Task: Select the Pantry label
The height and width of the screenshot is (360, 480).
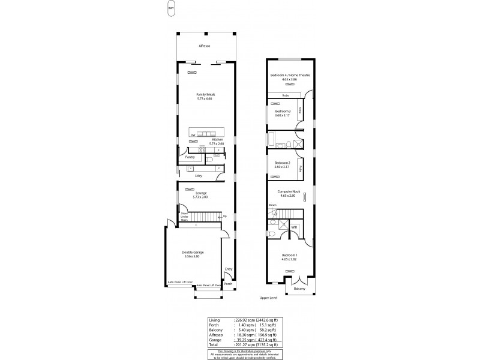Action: [x=190, y=157]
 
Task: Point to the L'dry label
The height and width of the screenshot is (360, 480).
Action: [x=198, y=175]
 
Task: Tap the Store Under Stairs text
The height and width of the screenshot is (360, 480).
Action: [x=184, y=217]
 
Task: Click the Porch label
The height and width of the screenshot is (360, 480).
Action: [x=228, y=283]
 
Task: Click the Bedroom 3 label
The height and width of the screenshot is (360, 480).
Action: [x=283, y=112]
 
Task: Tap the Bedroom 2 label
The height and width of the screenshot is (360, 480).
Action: [x=283, y=164]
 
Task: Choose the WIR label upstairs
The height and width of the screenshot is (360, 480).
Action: [x=295, y=228]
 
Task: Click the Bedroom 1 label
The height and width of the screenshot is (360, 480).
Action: [x=290, y=256]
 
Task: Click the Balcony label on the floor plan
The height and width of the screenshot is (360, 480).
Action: [x=299, y=289]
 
